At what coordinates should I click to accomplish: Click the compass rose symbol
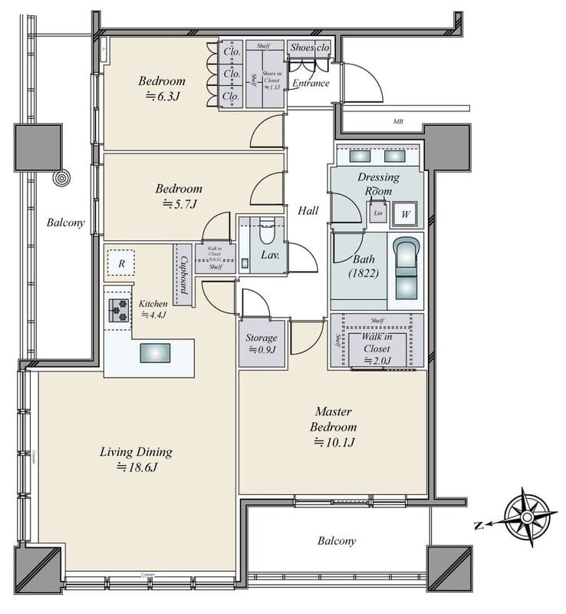[x=528, y=518]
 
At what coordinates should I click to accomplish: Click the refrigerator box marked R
[x=120, y=262]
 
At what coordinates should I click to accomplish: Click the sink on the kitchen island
[x=156, y=352]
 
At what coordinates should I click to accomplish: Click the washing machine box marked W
[x=404, y=215]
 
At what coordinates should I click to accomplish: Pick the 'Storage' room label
[x=261, y=338]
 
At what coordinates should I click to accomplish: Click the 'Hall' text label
[x=308, y=210]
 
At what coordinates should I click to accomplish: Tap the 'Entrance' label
[x=311, y=84]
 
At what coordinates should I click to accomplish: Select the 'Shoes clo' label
[x=310, y=47]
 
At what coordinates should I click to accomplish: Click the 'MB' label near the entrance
[x=398, y=121]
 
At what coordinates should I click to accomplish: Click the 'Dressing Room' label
[x=379, y=183]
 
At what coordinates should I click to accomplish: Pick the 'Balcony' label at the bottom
[x=337, y=541]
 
